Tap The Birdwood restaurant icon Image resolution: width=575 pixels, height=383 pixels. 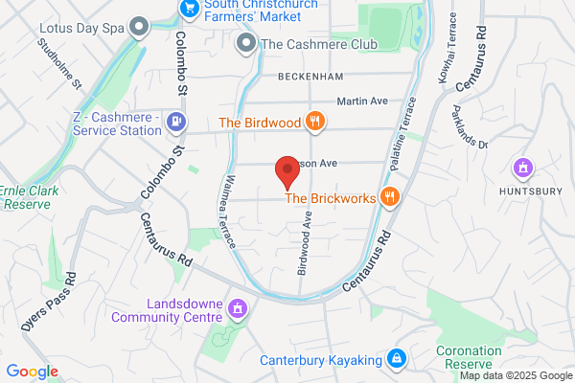tap(313, 122)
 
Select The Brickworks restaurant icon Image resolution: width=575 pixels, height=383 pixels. tap(389, 198)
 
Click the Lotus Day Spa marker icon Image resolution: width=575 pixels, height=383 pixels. tap(140, 26)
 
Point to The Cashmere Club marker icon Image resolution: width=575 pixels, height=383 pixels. tap(248, 44)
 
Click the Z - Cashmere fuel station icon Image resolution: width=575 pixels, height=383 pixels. tap(175, 122)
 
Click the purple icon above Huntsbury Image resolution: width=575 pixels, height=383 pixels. tap(523, 169)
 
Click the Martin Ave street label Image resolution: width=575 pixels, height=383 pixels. tap(360, 101)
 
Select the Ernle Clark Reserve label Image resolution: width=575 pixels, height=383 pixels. tap(29, 197)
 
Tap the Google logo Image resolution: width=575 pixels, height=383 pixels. tap(32, 372)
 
